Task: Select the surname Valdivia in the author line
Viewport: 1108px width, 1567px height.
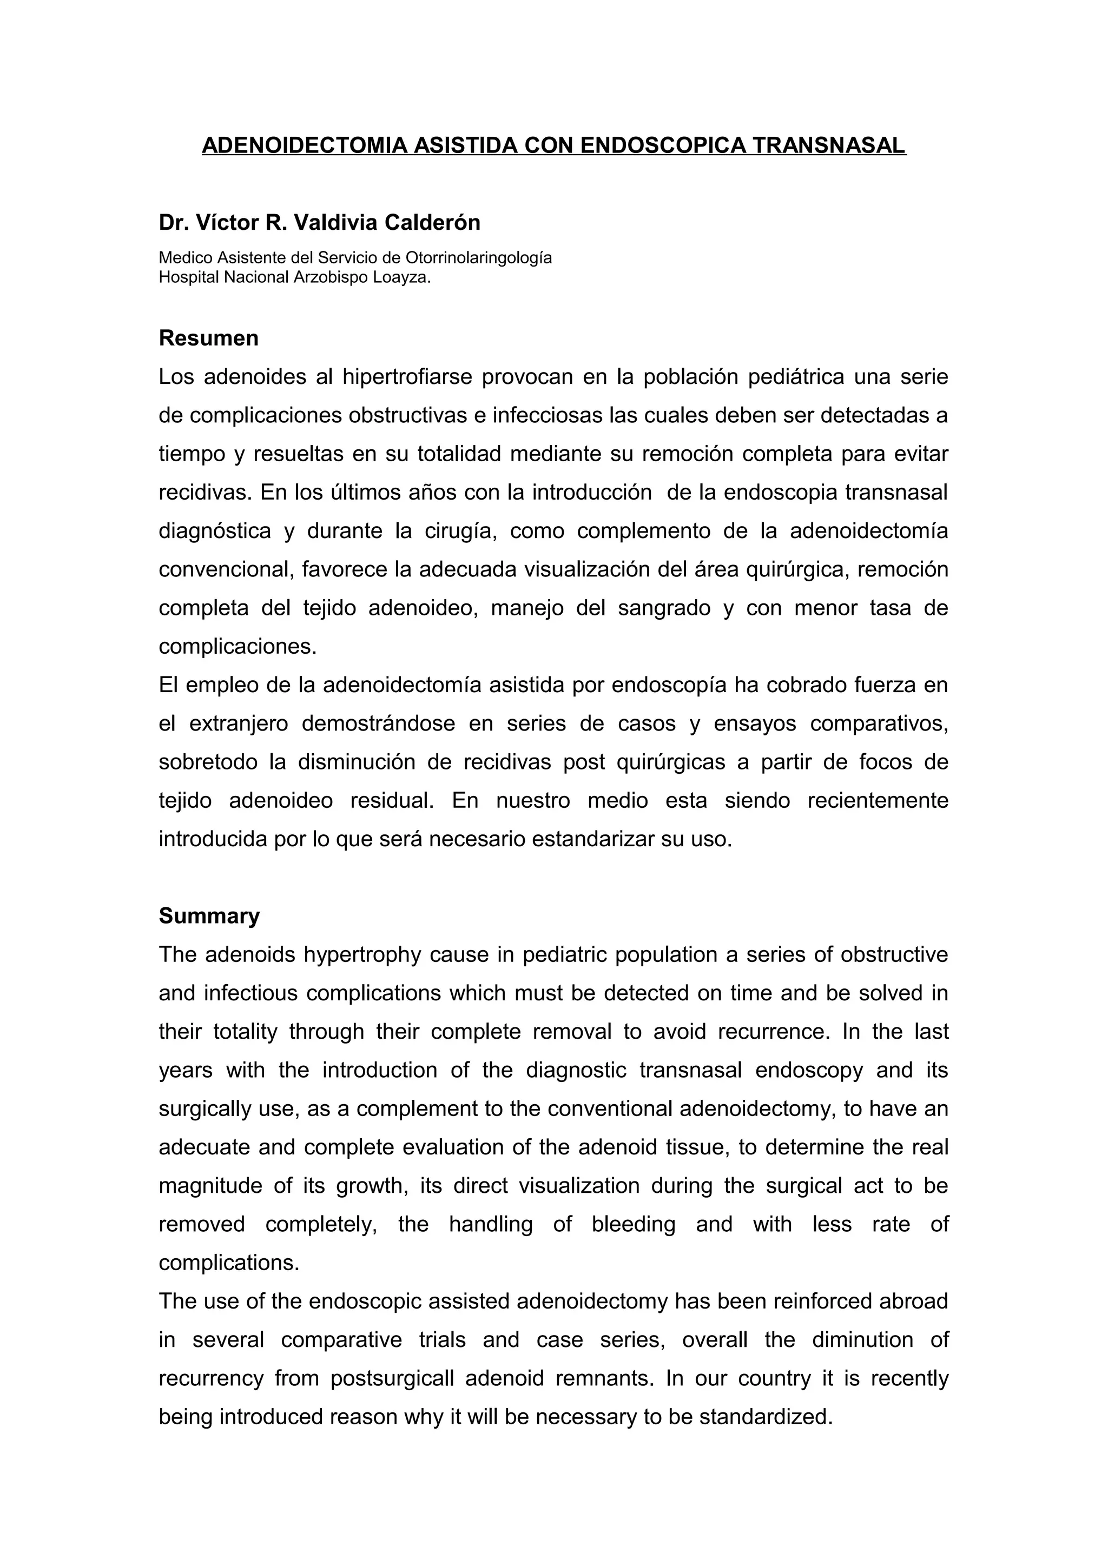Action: tap(328, 222)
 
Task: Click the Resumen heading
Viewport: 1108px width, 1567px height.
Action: tap(208, 338)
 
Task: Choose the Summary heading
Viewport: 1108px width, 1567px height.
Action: tap(209, 916)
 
